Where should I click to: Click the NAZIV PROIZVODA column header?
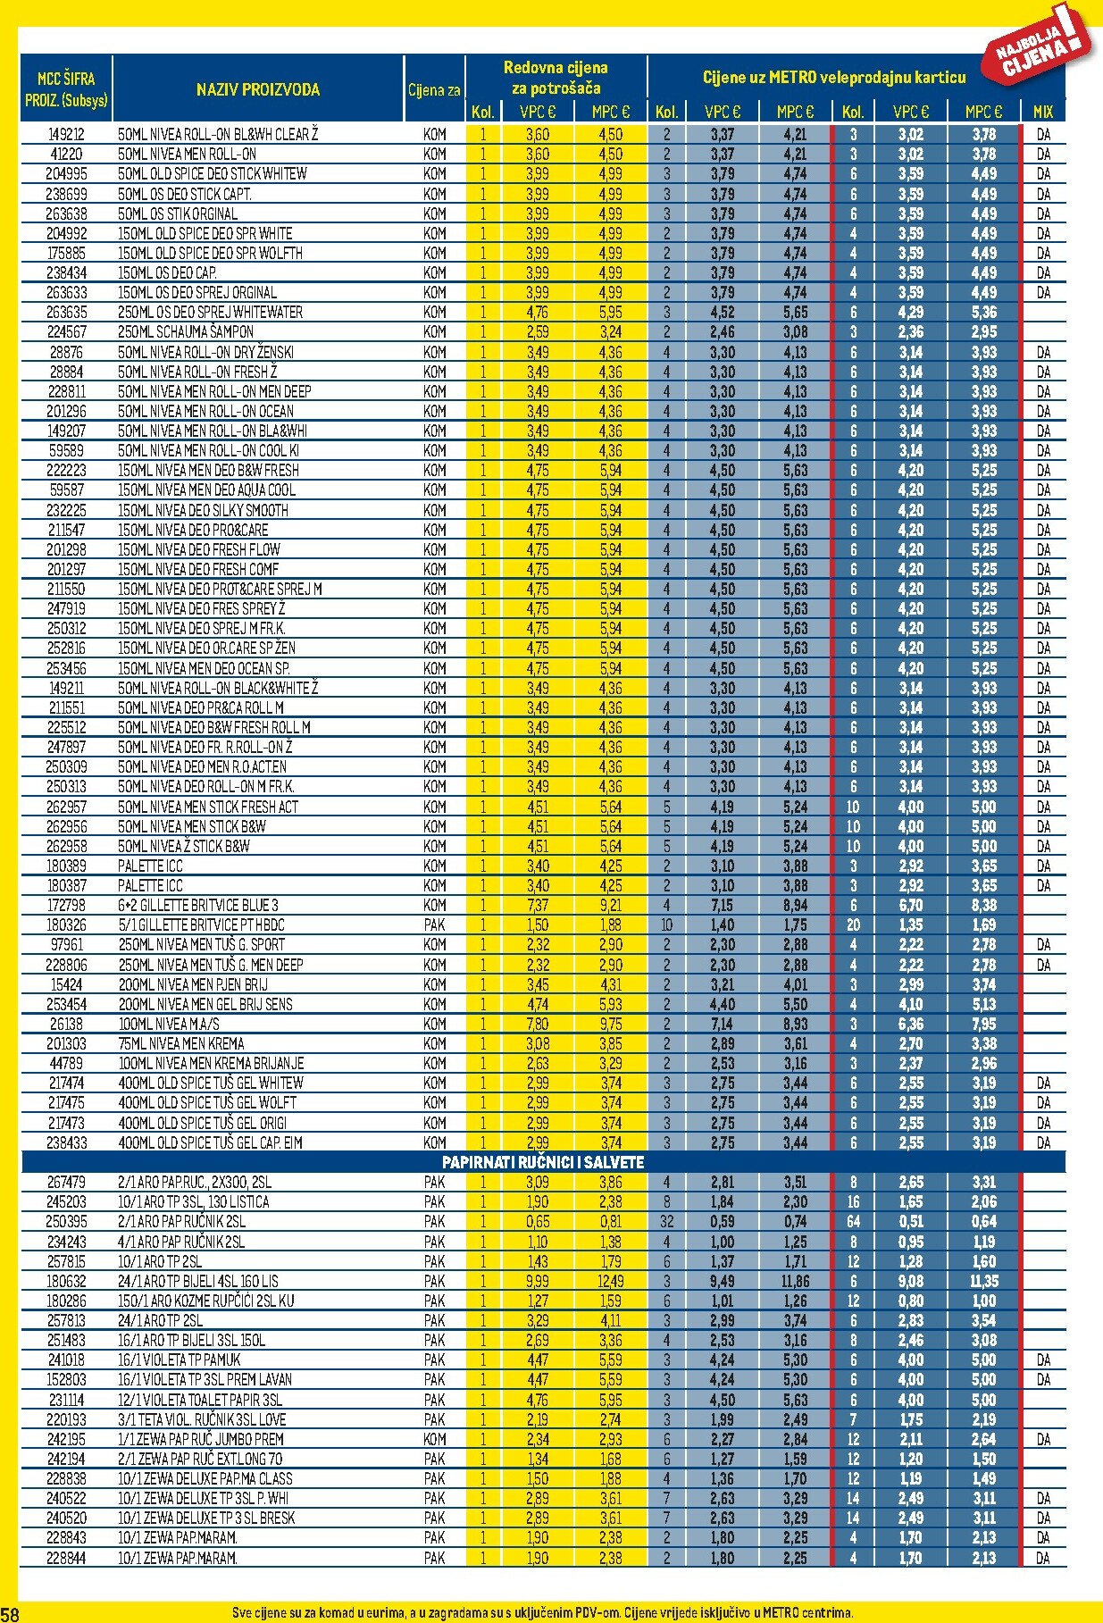[x=257, y=89]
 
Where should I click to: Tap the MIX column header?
[x=1042, y=112]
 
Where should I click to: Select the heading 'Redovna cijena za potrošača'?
[x=556, y=78]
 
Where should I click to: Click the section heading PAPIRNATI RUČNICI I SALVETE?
[x=543, y=1162]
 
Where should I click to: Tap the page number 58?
[x=10, y=1613]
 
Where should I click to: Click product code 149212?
[x=66, y=135]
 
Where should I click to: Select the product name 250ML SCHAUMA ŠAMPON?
[x=186, y=331]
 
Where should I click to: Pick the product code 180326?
[x=66, y=924]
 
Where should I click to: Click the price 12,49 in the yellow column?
[x=610, y=1281]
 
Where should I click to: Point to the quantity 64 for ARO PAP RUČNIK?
[x=853, y=1221]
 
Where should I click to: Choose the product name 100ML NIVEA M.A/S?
[x=169, y=1024]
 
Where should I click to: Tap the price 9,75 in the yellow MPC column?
[x=610, y=1024]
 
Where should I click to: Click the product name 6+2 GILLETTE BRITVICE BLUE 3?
[x=198, y=905]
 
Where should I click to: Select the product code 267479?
[x=66, y=1182]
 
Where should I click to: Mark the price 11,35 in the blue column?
[x=983, y=1281]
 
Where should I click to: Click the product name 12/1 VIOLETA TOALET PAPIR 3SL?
[x=200, y=1400]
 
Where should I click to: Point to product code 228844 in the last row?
[x=66, y=1558]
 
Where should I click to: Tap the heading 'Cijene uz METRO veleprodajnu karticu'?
[x=834, y=78]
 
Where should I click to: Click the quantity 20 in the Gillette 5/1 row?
[x=853, y=924]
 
